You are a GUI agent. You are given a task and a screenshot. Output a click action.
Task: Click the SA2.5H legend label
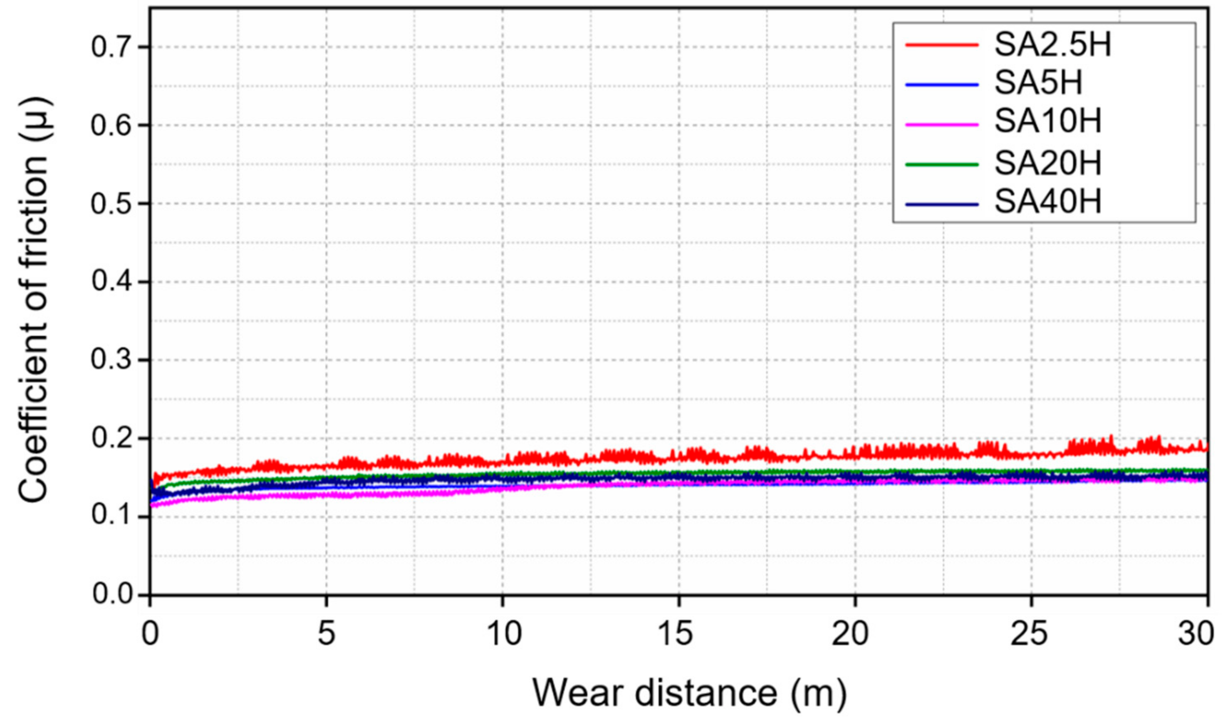(1052, 46)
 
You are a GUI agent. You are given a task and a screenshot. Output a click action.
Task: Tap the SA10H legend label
(1047, 123)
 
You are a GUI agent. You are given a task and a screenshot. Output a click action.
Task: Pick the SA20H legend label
(1047, 163)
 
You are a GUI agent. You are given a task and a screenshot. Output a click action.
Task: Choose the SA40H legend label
(1047, 203)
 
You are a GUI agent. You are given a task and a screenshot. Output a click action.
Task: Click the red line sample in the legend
(942, 45)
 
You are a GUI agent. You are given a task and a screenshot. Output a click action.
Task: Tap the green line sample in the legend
(942, 164)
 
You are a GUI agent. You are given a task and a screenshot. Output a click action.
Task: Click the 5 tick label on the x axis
(327, 635)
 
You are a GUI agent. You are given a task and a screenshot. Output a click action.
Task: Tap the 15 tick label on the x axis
(678, 635)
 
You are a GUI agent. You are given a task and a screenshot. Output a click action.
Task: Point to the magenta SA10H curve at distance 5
(327, 495)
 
